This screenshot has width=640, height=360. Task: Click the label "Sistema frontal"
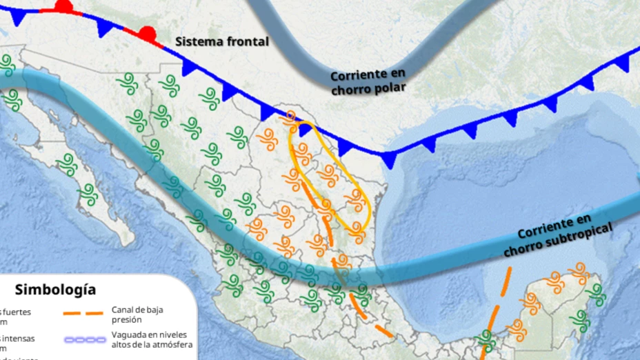coord(221,41)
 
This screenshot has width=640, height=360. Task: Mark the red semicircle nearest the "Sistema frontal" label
coord(146,32)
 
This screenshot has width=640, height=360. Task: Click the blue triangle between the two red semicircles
coord(105,27)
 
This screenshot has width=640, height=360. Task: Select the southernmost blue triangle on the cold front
coord(389,160)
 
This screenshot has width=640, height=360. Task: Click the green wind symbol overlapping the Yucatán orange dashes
coord(488,338)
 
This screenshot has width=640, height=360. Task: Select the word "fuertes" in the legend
coord(17,312)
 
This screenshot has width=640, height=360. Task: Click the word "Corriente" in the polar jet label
coord(358,74)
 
